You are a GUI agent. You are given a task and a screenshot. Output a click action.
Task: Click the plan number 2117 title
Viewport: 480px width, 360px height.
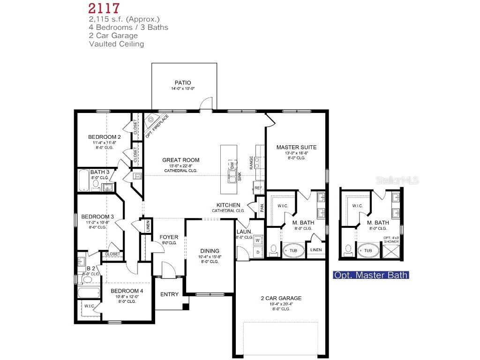click(x=104, y=8)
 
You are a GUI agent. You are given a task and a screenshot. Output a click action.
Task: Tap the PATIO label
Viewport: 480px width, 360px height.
click(x=183, y=83)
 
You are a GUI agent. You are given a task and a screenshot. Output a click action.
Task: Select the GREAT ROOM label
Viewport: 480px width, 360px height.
click(x=180, y=160)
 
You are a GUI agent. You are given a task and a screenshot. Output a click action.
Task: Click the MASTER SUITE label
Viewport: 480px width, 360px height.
click(x=296, y=147)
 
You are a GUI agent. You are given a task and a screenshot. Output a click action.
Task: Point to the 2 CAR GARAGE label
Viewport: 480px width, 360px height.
click(x=281, y=298)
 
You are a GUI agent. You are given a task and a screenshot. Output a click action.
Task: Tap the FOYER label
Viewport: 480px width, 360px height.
click(x=169, y=237)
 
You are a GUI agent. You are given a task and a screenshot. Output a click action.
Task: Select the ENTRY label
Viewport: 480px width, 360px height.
click(x=169, y=294)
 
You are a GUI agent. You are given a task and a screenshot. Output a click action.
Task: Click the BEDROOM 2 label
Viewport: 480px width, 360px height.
click(x=105, y=137)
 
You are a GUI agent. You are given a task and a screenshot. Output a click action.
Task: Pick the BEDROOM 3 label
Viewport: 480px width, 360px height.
click(x=97, y=217)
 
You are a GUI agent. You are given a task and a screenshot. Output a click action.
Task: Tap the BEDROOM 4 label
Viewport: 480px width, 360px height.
click(x=127, y=291)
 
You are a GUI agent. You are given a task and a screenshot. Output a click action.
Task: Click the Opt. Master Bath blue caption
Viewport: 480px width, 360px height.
click(x=370, y=275)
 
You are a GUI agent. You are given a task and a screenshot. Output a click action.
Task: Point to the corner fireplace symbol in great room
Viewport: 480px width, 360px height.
click(x=151, y=120)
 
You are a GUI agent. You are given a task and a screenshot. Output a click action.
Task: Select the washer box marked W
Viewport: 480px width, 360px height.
click(x=257, y=240)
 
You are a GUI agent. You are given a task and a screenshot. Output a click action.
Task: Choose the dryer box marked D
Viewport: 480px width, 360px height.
click(x=257, y=252)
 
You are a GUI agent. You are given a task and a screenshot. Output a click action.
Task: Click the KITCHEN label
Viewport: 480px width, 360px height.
click(x=228, y=205)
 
